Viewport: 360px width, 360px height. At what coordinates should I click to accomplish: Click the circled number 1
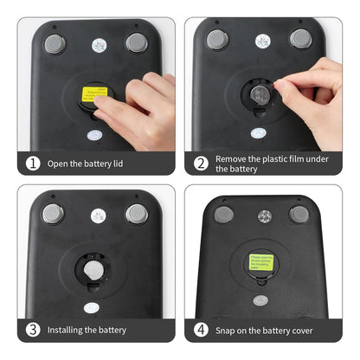[33, 163]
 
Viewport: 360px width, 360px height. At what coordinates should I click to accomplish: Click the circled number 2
[201, 163]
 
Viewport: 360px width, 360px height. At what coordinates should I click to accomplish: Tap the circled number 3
[33, 329]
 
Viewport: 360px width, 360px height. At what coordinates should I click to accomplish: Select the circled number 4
[201, 329]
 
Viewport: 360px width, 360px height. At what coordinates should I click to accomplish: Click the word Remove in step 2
[231, 157]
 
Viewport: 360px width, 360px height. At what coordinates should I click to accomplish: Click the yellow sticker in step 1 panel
[93, 96]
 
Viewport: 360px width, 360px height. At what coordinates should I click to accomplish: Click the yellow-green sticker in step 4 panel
[260, 260]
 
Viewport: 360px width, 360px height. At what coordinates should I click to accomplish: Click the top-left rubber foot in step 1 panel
[56, 42]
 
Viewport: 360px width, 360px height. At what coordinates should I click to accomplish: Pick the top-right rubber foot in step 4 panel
[299, 214]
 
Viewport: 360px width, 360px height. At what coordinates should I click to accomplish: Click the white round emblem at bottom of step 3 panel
[93, 305]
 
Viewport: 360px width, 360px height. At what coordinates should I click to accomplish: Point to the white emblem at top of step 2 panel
[262, 41]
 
